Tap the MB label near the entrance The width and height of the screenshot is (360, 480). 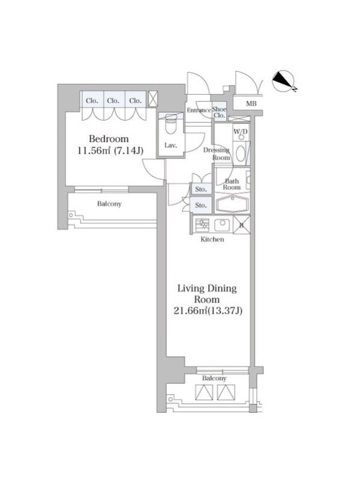coord(251,104)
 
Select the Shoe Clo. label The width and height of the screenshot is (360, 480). coord(219,112)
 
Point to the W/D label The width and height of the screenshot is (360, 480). coord(241,132)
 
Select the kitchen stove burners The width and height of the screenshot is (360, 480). coord(201,225)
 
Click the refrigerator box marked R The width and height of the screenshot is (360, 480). coord(242,225)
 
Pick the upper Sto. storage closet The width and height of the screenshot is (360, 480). coord(201,189)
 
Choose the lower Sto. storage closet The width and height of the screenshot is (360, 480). coord(201,205)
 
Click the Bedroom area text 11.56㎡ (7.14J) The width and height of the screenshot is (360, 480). coord(110,151)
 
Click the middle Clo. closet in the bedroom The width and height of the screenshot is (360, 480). coord(113,100)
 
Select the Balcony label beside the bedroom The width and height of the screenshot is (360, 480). coord(109,204)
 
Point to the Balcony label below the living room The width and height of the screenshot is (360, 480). coord(214,379)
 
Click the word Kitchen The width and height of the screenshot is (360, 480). coord(212,239)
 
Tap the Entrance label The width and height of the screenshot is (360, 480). coord(199,110)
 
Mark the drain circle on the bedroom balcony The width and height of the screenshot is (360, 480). coord(71,215)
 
